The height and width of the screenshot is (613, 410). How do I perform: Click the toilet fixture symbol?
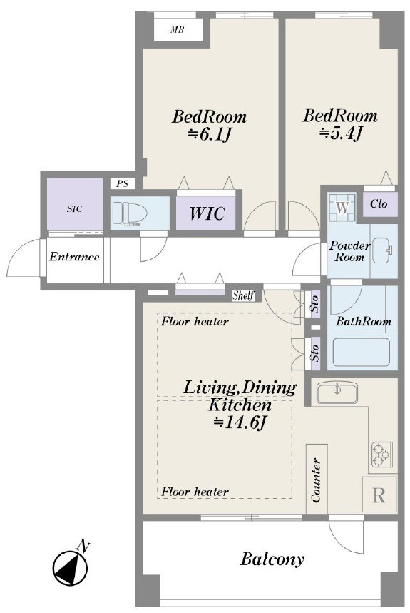point(130,214)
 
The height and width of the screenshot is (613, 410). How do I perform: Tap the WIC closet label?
point(207,213)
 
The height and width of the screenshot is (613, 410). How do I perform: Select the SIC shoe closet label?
point(75,209)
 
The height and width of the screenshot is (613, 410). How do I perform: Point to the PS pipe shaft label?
point(123,183)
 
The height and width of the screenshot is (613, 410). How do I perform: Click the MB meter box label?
point(178,29)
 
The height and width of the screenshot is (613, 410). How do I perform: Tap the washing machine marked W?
point(342,207)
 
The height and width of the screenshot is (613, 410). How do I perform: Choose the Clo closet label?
point(379,203)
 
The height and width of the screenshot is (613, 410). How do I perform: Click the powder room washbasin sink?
point(383,250)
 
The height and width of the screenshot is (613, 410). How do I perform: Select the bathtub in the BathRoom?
point(362,352)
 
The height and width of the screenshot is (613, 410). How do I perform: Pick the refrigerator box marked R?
point(379,495)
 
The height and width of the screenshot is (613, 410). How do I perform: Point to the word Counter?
point(317,480)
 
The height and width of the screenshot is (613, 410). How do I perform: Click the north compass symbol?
point(71,564)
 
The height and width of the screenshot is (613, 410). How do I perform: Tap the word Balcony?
point(272,559)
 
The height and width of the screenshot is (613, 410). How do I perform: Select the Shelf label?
point(243,295)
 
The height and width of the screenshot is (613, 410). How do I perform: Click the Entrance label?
point(74,257)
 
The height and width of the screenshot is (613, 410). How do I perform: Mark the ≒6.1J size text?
point(210,135)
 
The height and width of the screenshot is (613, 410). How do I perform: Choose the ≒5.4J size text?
point(342,133)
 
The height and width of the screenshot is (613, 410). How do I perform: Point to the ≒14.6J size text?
point(240,423)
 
